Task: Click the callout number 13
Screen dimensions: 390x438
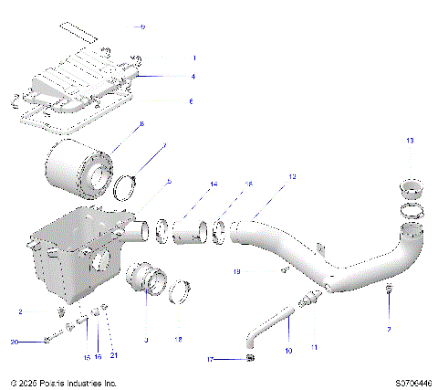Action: click(410, 140)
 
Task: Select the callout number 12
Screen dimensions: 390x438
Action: click(292, 175)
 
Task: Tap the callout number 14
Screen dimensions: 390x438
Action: click(214, 184)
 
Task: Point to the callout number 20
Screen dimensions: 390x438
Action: click(14, 342)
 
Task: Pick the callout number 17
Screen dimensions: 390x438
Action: click(208, 360)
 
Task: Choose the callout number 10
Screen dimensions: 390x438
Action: click(288, 350)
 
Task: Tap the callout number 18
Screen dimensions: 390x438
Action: click(178, 339)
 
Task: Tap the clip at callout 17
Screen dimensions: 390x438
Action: click(249, 360)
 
